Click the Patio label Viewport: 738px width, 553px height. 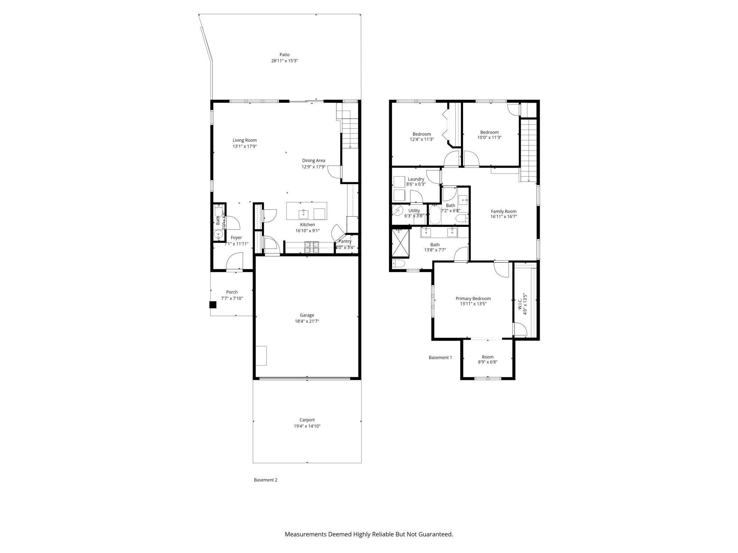(x=284, y=55)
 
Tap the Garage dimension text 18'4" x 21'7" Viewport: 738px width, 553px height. (x=307, y=321)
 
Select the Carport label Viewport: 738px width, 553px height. (x=307, y=420)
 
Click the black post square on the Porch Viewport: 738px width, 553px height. (x=213, y=305)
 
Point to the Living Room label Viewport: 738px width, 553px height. (x=244, y=140)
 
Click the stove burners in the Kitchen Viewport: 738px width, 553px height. (x=312, y=247)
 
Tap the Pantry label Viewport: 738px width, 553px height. (x=345, y=241)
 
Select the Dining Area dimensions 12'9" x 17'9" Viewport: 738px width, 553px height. (x=313, y=167)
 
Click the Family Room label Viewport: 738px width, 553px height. (x=503, y=211)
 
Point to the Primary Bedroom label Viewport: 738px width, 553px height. (x=473, y=298)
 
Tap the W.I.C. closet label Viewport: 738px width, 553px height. (x=520, y=304)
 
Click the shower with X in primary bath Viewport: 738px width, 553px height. (x=400, y=243)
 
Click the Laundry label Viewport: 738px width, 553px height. (x=416, y=179)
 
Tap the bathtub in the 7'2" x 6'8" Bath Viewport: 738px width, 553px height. (x=435, y=215)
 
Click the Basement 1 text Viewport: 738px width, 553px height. (x=440, y=357)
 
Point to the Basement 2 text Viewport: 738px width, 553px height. (x=265, y=480)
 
